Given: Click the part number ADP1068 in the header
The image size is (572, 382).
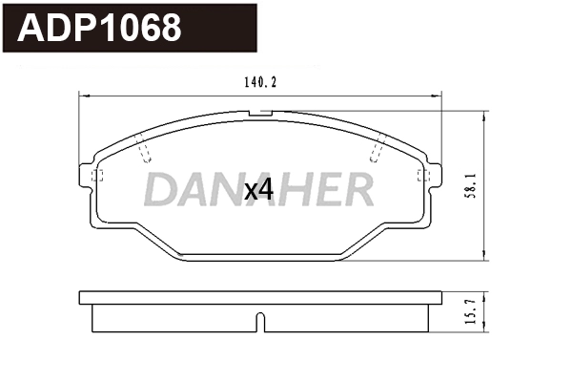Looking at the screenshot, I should tap(100, 29).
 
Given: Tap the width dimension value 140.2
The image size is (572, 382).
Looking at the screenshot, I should tap(259, 83).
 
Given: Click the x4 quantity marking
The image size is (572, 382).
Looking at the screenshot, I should tap(258, 190).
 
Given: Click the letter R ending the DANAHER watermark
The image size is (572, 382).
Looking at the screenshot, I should tap(357, 190).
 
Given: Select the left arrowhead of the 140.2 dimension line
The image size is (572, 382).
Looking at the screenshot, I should tap(82, 95).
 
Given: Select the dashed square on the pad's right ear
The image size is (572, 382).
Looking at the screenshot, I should tap(426, 176).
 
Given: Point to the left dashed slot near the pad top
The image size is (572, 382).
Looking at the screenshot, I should tap(144, 149).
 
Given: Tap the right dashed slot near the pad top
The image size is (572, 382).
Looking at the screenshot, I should tap(377, 149).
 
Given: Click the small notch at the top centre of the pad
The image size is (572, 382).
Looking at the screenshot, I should tap(259, 114).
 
